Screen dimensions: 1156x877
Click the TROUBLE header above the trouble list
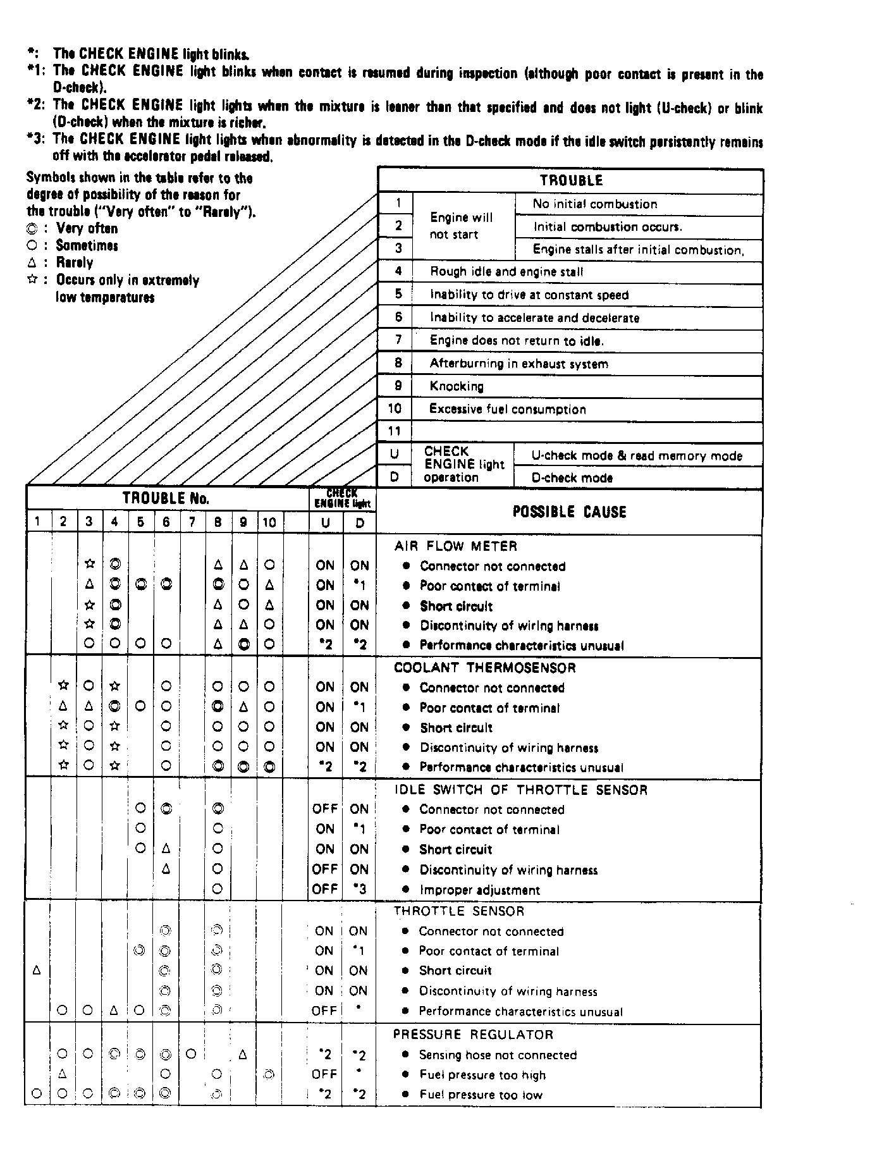click(x=570, y=180)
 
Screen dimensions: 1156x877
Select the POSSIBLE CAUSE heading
click(x=569, y=512)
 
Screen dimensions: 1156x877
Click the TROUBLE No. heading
click(x=166, y=498)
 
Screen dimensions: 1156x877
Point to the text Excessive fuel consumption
click(x=507, y=409)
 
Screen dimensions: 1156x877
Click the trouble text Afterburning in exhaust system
click(x=518, y=364)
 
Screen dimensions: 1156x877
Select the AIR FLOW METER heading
click(x=455, y=546)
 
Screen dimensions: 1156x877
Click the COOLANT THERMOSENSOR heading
click(x=484, y=668)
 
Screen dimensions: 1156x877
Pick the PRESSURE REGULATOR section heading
click(x=473, y=1035)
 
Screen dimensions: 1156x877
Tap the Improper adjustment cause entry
click(x=479, y=890)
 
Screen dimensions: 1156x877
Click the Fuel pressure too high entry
click(x=482, y=1074)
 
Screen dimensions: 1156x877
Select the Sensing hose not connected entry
click(x=498, y=1055)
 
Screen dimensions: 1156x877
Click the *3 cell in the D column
click(x=359, y=889)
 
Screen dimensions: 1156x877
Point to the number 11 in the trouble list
click(x=395, y=431)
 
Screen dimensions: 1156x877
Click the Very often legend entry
click(x=86, y=228)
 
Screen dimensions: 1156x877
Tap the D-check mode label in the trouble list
click(x=572, y=478)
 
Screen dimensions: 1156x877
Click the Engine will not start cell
click(x=461, y=226)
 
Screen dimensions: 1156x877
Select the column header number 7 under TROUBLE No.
click(x=192, y=522)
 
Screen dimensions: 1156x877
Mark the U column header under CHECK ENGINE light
click(x=325, y=522)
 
